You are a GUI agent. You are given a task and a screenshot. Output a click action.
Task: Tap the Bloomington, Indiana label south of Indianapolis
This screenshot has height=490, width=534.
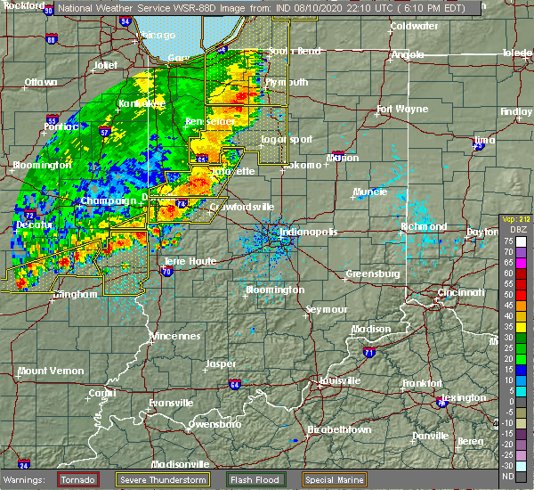pos(274,290)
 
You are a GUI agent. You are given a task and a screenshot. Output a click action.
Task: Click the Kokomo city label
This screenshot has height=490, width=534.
pos(303,165)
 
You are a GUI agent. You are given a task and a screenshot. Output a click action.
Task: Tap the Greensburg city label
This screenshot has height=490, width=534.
pos(370,274)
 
